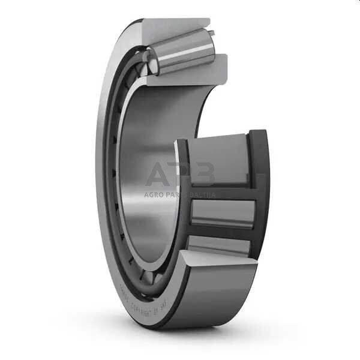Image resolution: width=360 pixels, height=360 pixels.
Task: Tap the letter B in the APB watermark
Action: tap(203, 175)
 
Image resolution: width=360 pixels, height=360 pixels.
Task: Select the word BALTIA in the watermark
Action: tap(203, 194)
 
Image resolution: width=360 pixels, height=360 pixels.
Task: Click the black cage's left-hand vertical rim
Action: tap(182, 198)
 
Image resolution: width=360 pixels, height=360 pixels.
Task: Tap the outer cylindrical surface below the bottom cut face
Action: tap(210, 300)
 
